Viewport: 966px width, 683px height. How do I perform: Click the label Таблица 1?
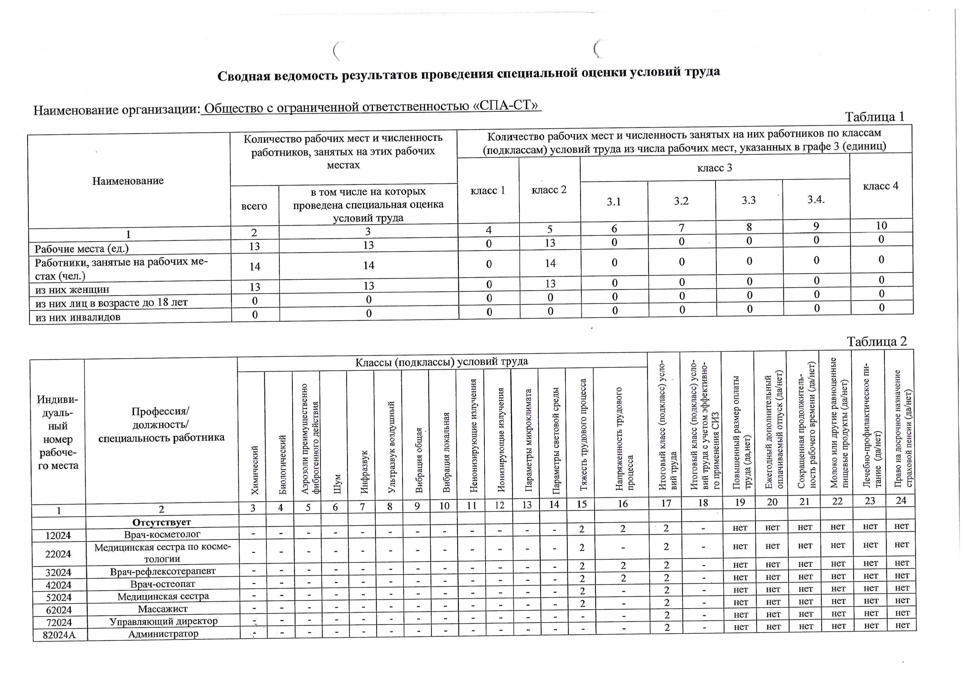point(874,117)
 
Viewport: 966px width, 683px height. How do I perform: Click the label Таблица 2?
point(876,341)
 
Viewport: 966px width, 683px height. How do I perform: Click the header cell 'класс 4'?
point(881,186)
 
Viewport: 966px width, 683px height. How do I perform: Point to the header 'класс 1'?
point(487,191)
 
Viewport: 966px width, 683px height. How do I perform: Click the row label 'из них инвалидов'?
point(78,317)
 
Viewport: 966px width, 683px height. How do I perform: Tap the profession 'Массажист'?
point(163,609)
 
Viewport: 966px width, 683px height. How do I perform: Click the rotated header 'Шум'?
point(337,484)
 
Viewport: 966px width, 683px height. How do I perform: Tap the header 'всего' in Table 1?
point(254,206)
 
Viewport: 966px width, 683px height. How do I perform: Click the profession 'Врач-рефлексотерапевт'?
point(163,571)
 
